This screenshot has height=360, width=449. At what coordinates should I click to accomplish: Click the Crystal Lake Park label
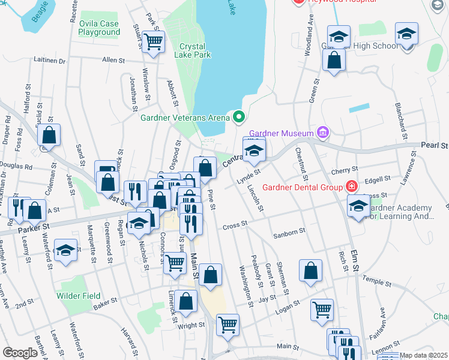click(192, 50)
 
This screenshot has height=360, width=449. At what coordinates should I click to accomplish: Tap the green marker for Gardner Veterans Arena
click(238, 117)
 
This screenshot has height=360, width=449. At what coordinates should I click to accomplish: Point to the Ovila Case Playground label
click(99, 28)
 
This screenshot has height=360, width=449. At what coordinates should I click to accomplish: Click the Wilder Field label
click(77, 295)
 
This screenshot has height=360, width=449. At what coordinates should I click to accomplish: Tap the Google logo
click(20, 353)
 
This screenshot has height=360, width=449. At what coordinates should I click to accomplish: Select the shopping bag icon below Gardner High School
click(334, 60)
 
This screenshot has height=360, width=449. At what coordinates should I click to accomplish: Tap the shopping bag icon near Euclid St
click(49, 135)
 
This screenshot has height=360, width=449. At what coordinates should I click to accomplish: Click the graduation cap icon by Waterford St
click(66, 250)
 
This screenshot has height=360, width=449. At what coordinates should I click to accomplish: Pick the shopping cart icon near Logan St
click(322, 310)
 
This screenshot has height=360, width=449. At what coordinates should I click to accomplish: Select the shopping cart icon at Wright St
click(228, 324)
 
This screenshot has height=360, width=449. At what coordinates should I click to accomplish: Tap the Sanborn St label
click(289, 230)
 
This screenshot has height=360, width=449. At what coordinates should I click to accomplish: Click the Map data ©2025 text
click(424, 355)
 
